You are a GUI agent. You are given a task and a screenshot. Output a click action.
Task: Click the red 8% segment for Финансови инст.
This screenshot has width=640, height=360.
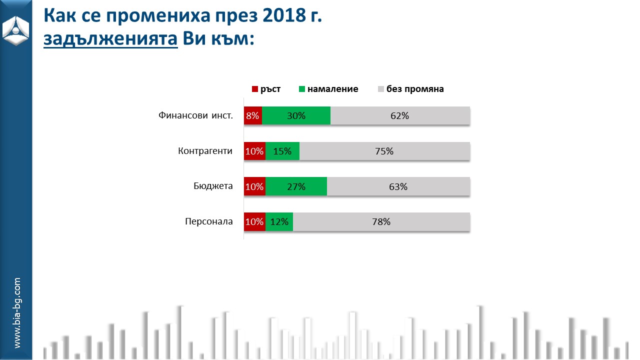(253, 115)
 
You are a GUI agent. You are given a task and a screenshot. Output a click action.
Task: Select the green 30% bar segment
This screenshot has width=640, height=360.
(296, 115)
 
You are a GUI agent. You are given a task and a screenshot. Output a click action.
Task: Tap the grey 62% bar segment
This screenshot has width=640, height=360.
(400, 115)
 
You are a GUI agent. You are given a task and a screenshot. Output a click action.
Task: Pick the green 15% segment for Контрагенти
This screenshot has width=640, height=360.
(282, 151)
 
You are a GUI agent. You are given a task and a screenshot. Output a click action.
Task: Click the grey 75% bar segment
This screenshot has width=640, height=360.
(384, 151)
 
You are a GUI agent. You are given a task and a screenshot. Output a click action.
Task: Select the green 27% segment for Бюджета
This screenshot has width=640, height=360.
(296, 186)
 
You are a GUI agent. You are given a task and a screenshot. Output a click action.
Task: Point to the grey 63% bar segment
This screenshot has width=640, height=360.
(398, 186)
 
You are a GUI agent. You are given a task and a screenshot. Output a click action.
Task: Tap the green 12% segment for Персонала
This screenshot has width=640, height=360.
(279, 222)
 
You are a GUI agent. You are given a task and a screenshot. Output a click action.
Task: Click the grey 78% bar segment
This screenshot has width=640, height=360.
(381, 222)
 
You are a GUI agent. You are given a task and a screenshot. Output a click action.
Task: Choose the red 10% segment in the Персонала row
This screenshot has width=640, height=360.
(254, 222)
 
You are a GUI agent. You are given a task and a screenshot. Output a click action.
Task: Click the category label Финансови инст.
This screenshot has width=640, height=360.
(195, 115)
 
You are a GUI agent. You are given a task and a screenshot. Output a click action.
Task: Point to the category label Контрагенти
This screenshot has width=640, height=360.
(205, 151)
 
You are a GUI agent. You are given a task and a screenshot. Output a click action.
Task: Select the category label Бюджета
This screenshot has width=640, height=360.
(213, 186)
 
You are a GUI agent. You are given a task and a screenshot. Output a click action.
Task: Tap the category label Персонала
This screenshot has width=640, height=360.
(208, 222)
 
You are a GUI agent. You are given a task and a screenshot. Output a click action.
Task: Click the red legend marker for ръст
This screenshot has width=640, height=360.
(254, 89)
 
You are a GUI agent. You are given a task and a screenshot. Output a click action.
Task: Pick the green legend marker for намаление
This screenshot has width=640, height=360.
(301, 89)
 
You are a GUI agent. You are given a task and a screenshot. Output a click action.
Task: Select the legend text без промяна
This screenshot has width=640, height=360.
(415, 89)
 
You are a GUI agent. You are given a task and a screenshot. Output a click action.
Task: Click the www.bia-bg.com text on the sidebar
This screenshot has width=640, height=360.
(17, 313)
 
